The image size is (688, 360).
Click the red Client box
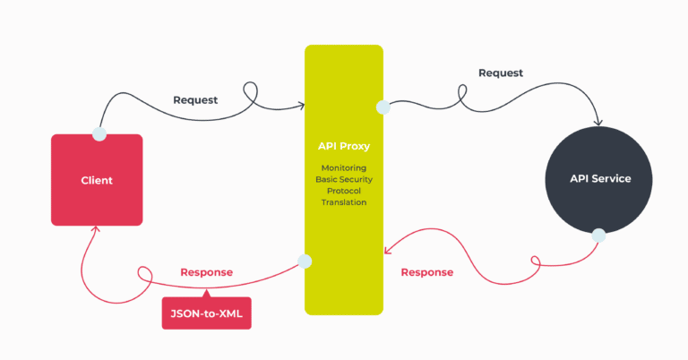[x=97, y=180]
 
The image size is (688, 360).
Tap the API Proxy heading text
[x=344, y=146]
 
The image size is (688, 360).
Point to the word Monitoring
[x=344, y=167]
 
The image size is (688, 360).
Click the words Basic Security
[x=344, y=179]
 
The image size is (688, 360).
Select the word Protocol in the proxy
[x=344, y=191]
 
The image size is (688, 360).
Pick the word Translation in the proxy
[x=344, y=202]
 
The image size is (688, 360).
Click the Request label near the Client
[x=195, y=99]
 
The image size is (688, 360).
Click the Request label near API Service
[x=501, y=73]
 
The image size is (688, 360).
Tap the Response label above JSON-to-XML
[x=206, y=272]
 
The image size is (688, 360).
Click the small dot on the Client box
[x=99, y=134]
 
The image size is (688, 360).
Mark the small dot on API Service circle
[x=598, y=236]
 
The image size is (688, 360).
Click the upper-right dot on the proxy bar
[x=383, y=107]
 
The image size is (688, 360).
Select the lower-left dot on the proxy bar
[x=305, y=261]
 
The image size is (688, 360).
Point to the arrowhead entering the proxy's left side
[x=300, y=107]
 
